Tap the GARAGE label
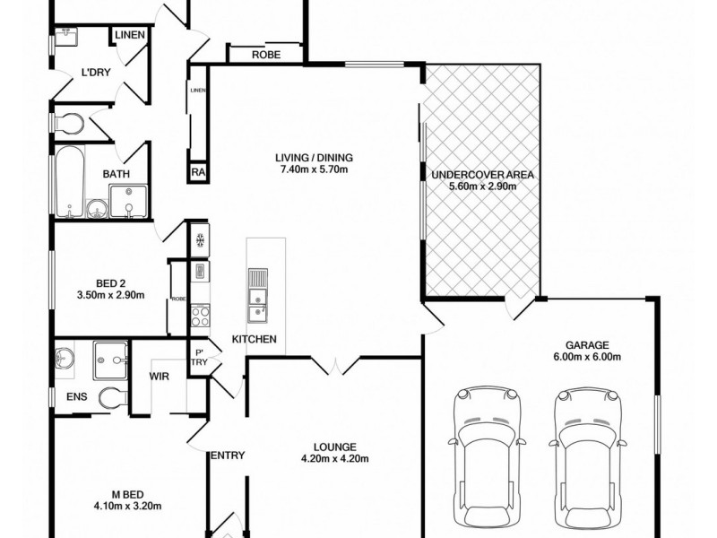click(587, 344)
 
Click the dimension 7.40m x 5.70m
click(310, 169)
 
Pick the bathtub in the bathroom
click(68, 181)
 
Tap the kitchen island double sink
click(258, 296)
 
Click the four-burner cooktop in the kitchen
click(202, 316)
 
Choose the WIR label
click(160, 377)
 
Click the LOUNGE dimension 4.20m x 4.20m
click(334, 459)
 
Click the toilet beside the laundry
click(68, 122)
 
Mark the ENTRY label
click(227, 456)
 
